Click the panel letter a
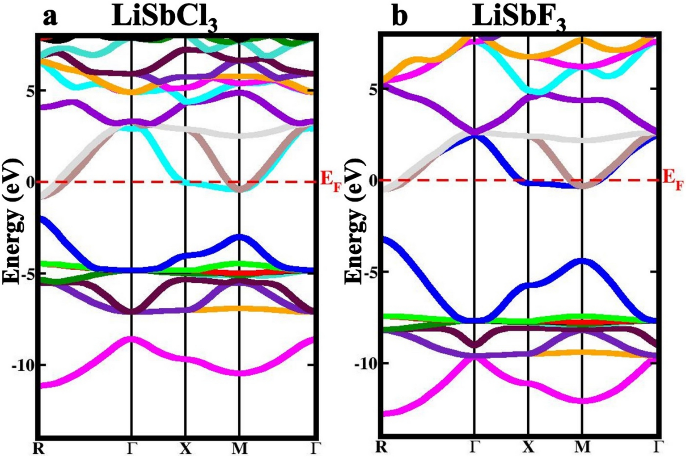click(x=50, y=17)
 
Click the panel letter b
click(x=400, y=17)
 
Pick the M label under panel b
click(x=582, y=446)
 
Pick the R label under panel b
click(x=381, y=446)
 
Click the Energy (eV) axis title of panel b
click(x=355, y=220)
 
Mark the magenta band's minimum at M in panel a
click(x=239, y=373)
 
